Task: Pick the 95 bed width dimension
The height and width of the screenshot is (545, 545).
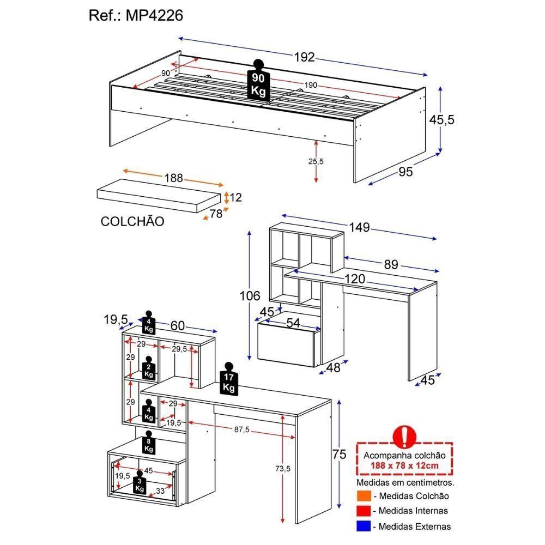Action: click(405, 172)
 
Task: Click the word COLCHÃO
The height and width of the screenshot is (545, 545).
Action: click(132, 221)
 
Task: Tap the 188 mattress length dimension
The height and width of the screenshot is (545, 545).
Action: click(174, 178)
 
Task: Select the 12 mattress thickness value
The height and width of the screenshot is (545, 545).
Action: click(235, 197)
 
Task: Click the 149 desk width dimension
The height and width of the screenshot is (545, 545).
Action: click(359, 227)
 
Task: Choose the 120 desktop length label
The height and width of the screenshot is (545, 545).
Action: click(354, 279)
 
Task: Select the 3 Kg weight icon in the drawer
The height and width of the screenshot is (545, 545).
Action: click(140, 483)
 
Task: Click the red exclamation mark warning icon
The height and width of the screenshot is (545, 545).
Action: click(404, 436)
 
